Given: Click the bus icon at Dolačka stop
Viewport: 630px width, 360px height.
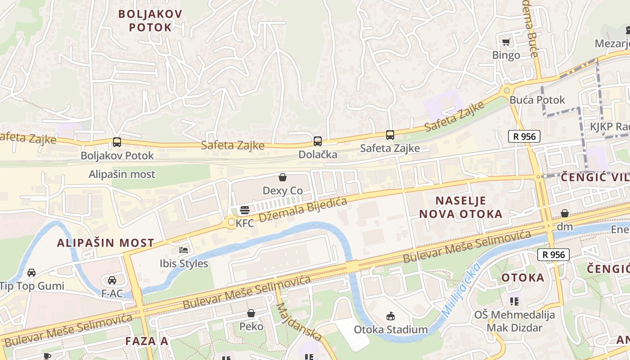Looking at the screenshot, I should click(x=318, y=141).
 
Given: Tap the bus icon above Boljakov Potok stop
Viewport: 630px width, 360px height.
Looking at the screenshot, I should click(x=117, y=142).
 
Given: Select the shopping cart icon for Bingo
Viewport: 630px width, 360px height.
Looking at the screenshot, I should click(x=506, y=42).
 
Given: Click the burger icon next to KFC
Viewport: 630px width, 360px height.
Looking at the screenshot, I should click(x=245, y=210).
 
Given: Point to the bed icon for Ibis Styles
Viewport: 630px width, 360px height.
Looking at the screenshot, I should click(x=184, y=250).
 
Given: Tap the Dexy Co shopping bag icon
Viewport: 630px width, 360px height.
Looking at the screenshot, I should click(x=283, y=177).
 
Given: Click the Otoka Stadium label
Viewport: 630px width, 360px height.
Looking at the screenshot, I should click(x=391, y=329).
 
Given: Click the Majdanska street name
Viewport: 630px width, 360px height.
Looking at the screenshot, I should click(x=299, y=322).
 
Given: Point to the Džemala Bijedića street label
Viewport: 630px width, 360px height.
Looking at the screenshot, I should click(x=303, y=211).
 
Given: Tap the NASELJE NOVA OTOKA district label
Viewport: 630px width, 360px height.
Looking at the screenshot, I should click(x=461, y=207).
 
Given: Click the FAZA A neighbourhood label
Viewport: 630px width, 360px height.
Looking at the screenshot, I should click(x=147, y=341).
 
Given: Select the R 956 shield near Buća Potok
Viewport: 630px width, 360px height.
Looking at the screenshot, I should click(x=524, y=136).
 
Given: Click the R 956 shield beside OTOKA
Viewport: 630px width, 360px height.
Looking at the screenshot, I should click(x=553, y=255).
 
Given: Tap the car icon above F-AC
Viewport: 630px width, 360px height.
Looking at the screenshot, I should click(x=112, y=280).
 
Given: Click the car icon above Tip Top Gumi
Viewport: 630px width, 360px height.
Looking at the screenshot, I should click(x=31, y=272).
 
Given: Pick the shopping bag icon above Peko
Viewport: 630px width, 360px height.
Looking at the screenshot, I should click(x=251, y=313).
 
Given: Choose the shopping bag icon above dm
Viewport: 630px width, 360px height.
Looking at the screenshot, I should click(x=564, y=213).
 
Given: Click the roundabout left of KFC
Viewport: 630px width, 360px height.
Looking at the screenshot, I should click(x=231, y=222).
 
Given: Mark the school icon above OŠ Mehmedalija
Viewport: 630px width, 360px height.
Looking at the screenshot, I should click(x=514, y=301).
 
